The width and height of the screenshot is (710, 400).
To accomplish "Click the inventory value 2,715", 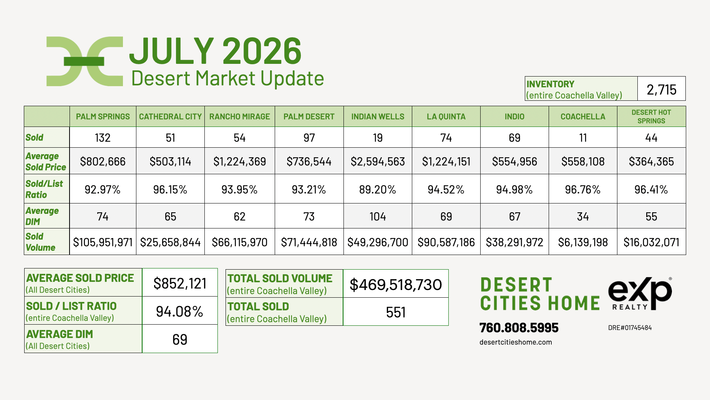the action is [661, 90].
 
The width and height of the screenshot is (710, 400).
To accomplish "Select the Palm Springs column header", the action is [103, 117].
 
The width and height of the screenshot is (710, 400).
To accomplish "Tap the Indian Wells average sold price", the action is [378, 162].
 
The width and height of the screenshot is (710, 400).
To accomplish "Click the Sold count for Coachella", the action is [583, 138].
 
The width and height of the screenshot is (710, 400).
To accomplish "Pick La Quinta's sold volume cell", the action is [446, 242].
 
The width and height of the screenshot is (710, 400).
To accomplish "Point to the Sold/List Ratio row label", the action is [44, 189].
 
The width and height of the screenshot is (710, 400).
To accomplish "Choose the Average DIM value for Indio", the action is [514, 217].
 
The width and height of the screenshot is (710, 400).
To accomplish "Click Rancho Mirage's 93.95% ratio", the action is [239, 190].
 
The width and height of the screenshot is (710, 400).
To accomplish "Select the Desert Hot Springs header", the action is [651, 117].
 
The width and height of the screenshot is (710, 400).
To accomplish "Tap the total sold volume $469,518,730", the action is [396, 285].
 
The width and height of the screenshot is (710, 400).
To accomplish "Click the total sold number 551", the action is [396, 312].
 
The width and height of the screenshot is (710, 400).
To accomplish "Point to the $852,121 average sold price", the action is [180, 283].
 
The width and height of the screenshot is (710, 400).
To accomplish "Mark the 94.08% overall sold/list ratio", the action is [179, 312].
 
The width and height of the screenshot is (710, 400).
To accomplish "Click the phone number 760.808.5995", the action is [519, 328].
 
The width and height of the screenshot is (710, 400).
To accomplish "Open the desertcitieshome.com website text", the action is [516, 342].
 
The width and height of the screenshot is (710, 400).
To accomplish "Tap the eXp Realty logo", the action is [640, 293].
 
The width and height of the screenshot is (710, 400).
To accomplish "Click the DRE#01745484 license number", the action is [630, 328].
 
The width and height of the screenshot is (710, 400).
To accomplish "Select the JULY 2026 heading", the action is [216, 51].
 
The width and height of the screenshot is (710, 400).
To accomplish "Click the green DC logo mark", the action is [85, 61].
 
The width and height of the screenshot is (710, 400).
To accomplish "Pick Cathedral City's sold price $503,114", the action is [170, 162].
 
